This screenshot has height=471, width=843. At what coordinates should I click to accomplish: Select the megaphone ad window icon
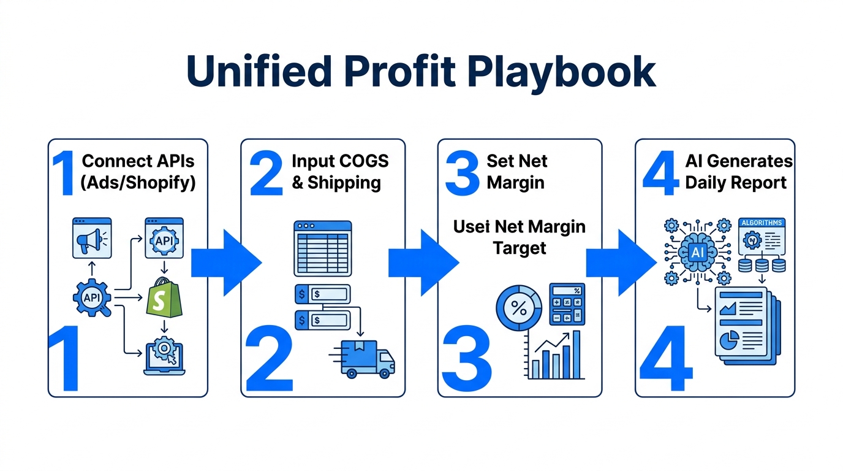pyautogui.click(x=92, y=237)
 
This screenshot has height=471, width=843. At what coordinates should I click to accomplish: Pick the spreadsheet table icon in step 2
pyautogui.click(x=323, y=248)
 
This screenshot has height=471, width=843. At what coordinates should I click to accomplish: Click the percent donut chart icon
pyautogui.click(x=518, y=308)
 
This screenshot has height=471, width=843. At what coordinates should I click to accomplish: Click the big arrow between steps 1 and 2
pyautogui.click(x=226, y=262)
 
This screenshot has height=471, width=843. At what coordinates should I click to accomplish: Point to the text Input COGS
pyautogui.click(x=340, y=161)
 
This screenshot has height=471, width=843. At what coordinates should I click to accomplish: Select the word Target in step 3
pyautogui.click(x=520, y=248)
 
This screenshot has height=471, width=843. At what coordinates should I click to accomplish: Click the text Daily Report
pyautogui.click(x=736, y=183)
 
